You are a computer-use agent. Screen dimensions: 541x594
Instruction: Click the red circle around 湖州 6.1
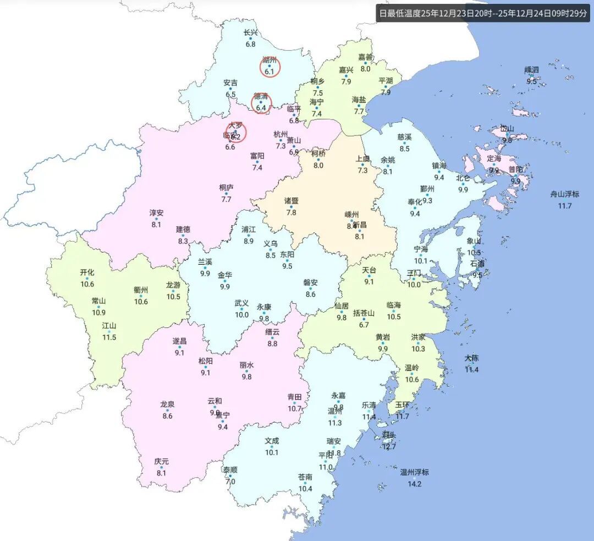tap(270, 67)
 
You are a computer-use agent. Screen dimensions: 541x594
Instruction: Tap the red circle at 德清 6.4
tap(261, 103)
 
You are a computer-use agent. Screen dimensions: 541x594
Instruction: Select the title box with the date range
tap(482, 13)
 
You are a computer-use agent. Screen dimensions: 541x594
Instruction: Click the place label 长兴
tap(251, 32)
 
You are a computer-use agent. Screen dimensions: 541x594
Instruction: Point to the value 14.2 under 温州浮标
tap(414, 484)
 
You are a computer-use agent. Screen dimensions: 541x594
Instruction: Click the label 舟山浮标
tap(565, 194)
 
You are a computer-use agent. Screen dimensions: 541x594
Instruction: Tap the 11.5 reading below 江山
tap(109, 337)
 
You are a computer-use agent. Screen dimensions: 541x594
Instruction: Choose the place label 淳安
tap(156, 212)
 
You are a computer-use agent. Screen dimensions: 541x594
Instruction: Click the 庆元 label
tap(161, 462)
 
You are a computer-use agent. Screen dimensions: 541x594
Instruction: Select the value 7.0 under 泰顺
tap(230, 482)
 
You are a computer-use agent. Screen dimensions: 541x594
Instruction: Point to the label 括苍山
tap(364, 313)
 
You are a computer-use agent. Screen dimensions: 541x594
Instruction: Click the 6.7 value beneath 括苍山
tap(364, 325)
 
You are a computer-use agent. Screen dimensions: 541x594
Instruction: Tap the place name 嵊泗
tap(532, 70)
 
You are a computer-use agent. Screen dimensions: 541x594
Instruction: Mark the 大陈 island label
tap(471, 358)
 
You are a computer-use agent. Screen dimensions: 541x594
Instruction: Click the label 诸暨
tap(291, 201)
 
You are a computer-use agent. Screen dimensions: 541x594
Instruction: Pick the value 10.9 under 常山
tap(98, 313)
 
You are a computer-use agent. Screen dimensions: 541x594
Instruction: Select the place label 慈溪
tap(404, 137)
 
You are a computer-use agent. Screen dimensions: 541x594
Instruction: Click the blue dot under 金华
tap(225, 281)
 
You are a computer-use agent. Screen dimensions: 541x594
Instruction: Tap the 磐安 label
tap(311, 283)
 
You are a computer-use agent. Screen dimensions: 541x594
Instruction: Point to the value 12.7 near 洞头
tap(389, 447)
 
